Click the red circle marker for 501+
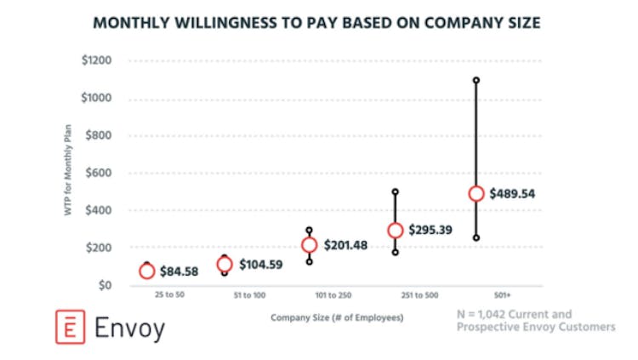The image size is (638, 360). click(x=476, y=193)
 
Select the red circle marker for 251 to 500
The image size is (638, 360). click(x=395, y=231)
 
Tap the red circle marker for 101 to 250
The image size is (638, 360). click(x=310, y=245)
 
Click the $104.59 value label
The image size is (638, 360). click(x=262, y=265)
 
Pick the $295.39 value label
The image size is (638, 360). click(x=431, y=230)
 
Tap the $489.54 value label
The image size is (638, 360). click(x=512, y=193)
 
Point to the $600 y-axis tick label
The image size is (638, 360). click(x=99, y=173)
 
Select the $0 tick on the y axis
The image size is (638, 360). click(x=105, y=285)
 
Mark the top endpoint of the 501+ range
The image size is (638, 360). click(x=476, y=81)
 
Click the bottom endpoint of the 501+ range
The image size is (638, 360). click(x=476, y=238)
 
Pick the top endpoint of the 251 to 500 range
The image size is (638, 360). click(x=395, y=192)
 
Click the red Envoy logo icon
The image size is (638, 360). click(x=67, y=328)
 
